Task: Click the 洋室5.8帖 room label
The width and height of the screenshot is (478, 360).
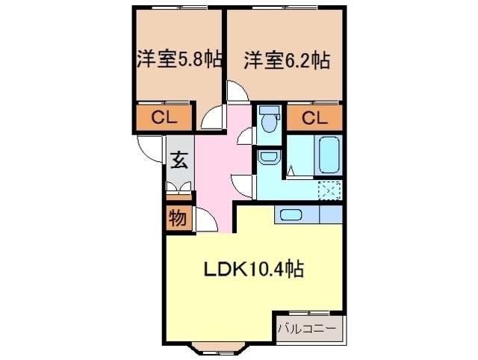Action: coord(179,59)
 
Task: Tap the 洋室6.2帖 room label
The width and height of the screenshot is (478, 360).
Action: coord(287,60)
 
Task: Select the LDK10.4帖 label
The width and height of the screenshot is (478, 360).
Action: coord(253,269)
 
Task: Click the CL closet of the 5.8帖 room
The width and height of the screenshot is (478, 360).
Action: coord(164,117)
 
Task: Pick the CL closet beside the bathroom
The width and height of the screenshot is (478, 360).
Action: coord(314,118)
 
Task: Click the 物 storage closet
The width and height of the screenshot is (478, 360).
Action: coord(179,218)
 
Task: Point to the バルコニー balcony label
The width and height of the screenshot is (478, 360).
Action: coord(306,329)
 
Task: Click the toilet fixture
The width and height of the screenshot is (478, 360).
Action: coord(269,119)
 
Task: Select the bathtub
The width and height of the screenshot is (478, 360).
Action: coord(329,155)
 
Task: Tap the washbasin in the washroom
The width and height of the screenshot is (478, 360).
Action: coord(268,156)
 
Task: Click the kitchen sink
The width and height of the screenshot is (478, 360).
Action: coord(291,214)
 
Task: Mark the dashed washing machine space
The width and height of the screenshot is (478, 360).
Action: coord(329,190)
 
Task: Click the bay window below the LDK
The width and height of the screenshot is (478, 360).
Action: coord(218,348)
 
